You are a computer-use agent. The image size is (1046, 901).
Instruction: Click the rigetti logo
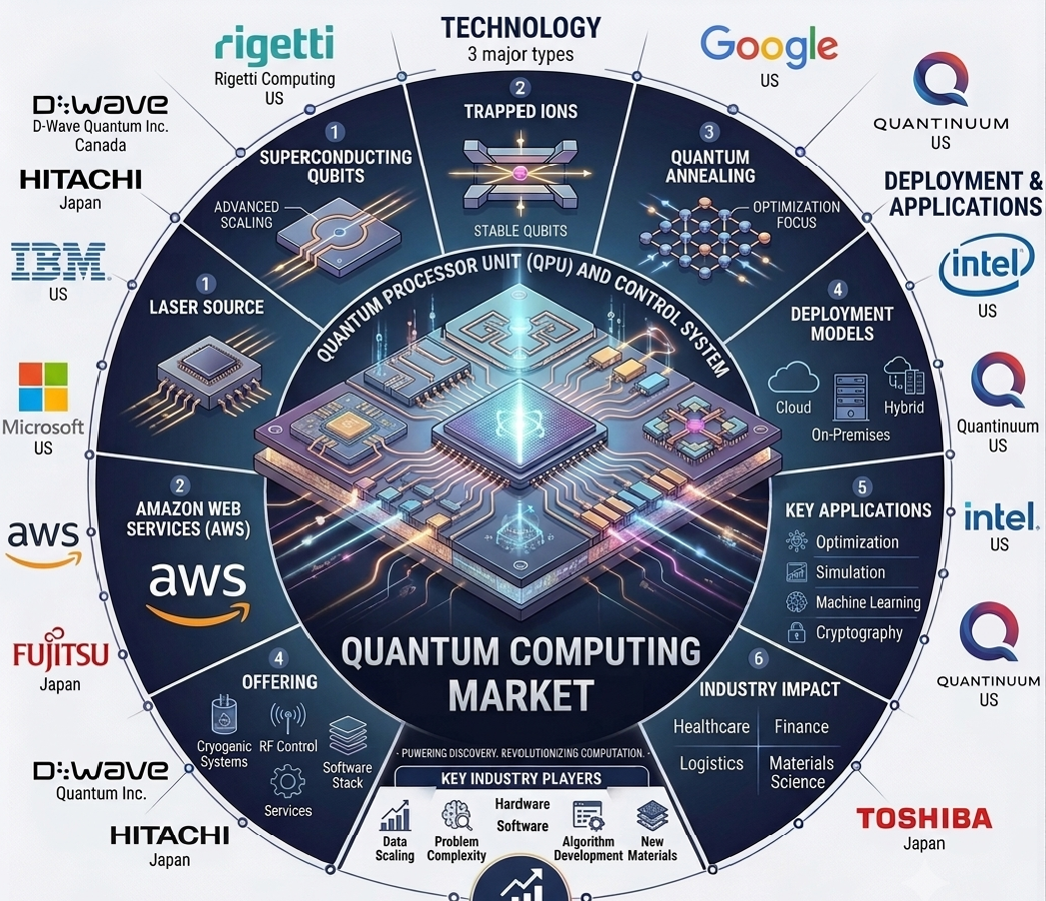click(274, 45)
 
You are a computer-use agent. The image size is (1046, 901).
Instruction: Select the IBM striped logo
click(59, 261)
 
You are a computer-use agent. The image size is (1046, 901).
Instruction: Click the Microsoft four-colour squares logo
click(43, 387)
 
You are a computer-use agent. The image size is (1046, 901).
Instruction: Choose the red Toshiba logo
click(924, 818)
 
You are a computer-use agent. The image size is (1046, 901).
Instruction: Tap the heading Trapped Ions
click(521, 111)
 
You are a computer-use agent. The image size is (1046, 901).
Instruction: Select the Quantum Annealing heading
click(709, 166)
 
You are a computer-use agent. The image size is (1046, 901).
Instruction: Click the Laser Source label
click(206, 307)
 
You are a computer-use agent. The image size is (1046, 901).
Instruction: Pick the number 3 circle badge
click(708, 132)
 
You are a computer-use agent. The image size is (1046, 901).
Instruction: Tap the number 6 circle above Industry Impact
click(758, 659)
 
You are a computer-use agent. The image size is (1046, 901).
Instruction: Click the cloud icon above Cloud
click(793, 379)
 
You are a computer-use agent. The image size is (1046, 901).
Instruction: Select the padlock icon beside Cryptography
click(796, 631)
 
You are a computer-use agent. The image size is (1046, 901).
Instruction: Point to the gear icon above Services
click(288, 781)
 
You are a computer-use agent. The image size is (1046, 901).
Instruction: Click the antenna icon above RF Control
click(288, 719)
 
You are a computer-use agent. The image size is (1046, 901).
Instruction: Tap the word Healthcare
click(711, 726)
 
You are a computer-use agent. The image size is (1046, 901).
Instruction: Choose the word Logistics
click(711, 763)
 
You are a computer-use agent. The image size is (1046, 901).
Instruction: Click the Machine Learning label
click(868, 602)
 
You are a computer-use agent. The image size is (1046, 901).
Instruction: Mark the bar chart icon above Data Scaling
click(395, 815)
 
